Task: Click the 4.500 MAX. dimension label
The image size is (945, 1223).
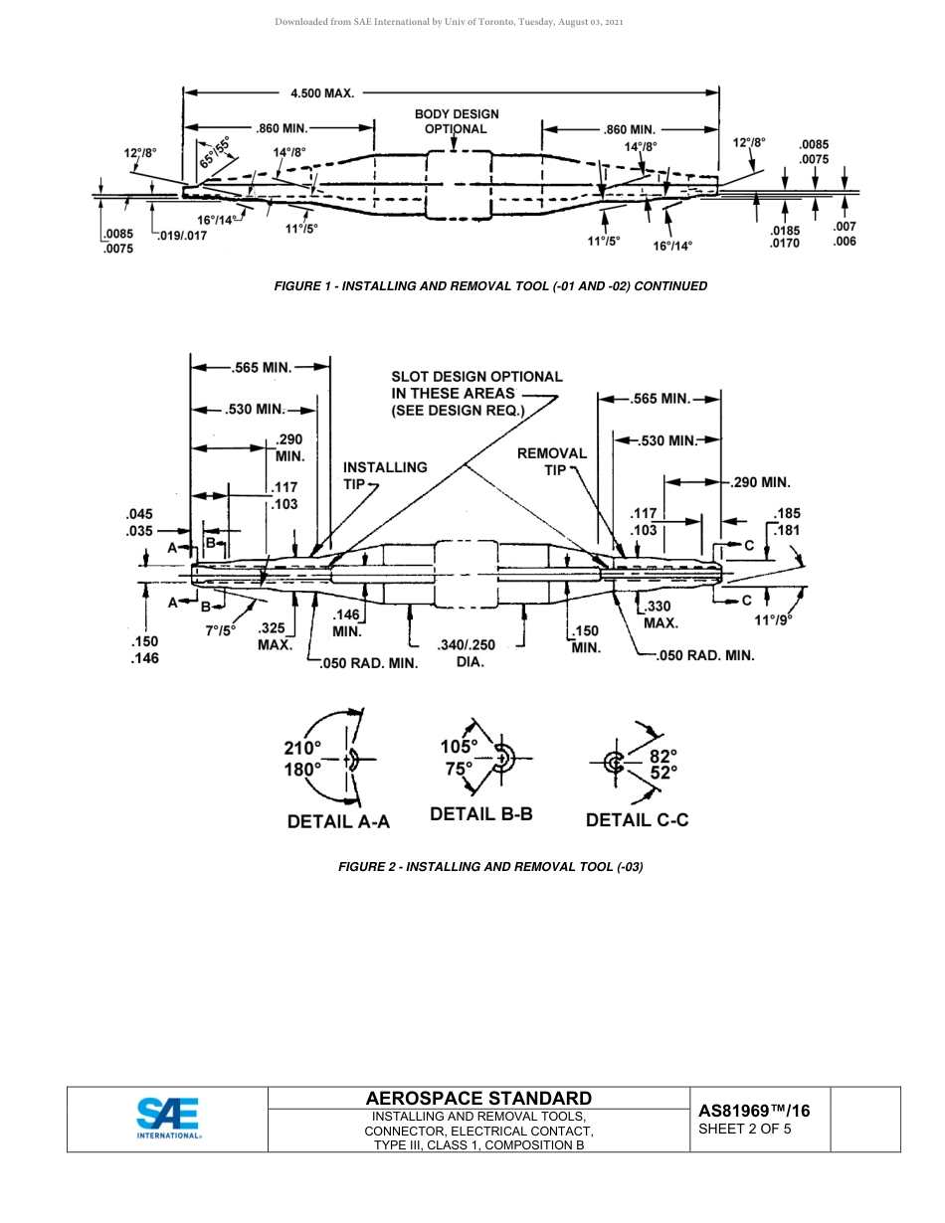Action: click(322, 92)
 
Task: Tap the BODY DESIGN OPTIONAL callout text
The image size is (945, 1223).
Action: click(457, 121)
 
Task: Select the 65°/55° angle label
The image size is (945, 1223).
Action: click(214, 150)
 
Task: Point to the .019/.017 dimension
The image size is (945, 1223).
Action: click(183, 236)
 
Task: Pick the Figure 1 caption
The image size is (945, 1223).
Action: click(490, 286)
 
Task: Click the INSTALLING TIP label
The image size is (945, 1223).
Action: click(384, 474)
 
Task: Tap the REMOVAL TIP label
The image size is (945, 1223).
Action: click(552, 460)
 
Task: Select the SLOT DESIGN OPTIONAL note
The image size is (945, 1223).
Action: click(476, 393)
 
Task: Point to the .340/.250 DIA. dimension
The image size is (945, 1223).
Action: click(467, 653)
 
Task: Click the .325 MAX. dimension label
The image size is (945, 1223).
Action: click(275, 636)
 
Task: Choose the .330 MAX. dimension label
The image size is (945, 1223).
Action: click(660, 614)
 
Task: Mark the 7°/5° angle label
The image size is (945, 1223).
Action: click(220, 630)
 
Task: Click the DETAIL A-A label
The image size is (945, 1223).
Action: click(338, 821)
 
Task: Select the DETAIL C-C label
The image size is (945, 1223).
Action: click(637, 820)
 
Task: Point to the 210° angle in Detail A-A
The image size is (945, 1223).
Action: click(302, 748)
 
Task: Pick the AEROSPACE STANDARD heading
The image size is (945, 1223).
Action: click(478, 1098)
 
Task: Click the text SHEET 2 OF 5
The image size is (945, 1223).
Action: click(745, 1129)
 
